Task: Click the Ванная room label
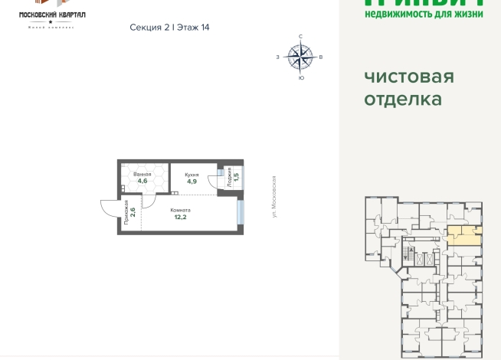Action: point(142,175)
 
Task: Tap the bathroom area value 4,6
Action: point(142,182)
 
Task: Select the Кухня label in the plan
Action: point(192,175)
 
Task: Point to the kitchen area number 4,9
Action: point(192,182)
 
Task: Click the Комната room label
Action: point(181,210)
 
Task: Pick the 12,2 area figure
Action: point(181,218)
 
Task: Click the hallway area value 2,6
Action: point(133,211)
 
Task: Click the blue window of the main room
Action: point(242,212)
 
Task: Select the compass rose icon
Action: point(300,56)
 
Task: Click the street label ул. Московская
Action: point(273,196)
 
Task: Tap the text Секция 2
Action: point(150,27)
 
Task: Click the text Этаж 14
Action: point(193,27)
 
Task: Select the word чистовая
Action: point(409,77)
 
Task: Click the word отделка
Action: point(403,99)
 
